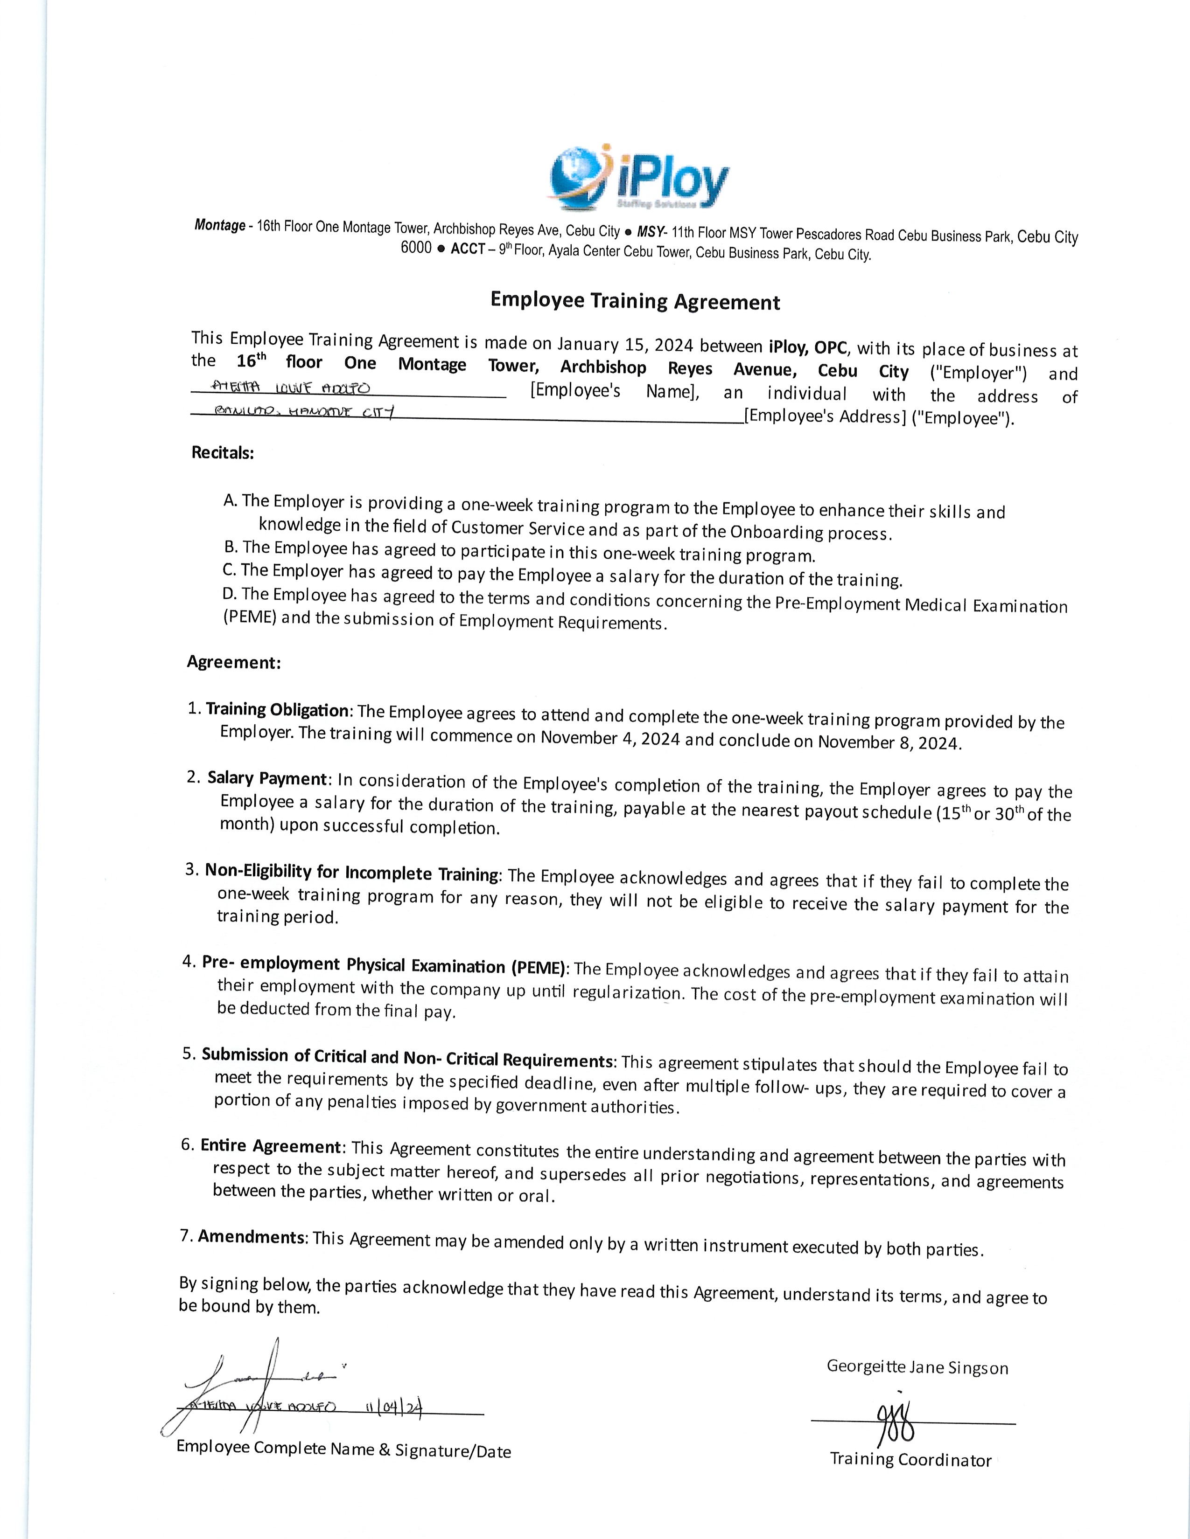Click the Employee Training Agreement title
635,301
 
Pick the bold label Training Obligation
277,710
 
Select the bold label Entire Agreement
271,1146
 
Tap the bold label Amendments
252,1237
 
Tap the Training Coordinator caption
910,1459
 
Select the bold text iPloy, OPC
807,347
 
